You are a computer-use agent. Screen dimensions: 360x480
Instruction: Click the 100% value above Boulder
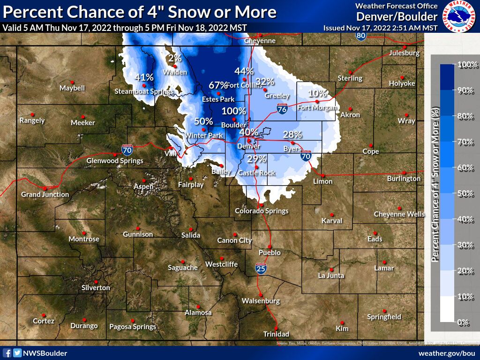click(x=233, y=111)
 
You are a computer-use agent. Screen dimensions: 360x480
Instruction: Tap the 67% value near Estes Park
click(x=218, y=85)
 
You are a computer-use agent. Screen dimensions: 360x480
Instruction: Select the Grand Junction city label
click(x=45, y=194)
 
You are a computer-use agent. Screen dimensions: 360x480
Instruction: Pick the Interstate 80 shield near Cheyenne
click(x=360, y=35)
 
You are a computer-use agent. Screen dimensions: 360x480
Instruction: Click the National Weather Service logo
click(x=459, y=16)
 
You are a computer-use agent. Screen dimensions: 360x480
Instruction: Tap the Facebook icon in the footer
click(x=7, y=353)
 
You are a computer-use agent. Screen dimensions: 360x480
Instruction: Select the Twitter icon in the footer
click(x=17, y=353)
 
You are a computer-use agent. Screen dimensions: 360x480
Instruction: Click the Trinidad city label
click(x=276, y=334)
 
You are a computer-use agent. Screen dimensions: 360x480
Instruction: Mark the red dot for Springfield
click(x=384, y=311)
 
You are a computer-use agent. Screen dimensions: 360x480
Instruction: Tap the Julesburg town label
click(x=404, y=53)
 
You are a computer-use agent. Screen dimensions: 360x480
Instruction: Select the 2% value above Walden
click(x=175, y=59)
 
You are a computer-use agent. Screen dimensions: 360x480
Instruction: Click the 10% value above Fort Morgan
click(x=317, y=93)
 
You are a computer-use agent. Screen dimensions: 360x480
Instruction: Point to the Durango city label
click(x=84, y=326)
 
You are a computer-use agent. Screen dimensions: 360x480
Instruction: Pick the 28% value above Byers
click(x=292, y=135)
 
